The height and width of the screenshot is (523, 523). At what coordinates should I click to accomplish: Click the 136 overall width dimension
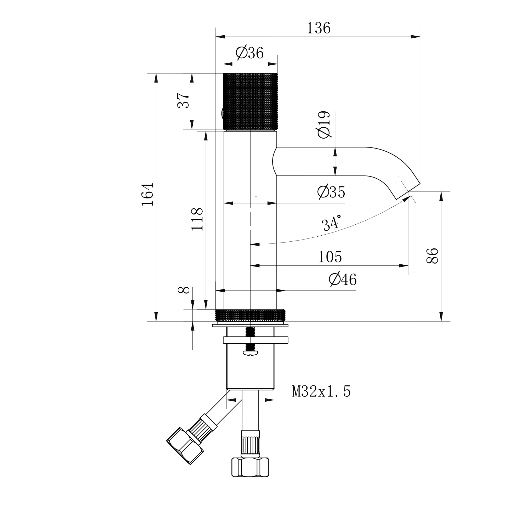pos(318,28)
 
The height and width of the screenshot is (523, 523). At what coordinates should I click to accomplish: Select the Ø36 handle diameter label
pos(249,53)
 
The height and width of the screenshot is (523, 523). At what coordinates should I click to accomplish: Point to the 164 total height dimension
pos(147,194)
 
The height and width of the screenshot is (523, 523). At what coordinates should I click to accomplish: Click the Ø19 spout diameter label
pos(324,125)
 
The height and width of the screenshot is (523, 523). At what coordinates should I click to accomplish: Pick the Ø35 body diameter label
pos(331,192)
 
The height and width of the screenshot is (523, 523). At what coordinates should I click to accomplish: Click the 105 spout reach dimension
pos(330,257)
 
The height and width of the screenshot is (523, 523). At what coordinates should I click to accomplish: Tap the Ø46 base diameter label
pos(343,280)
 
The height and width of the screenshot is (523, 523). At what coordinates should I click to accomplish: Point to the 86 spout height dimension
pos(432,256)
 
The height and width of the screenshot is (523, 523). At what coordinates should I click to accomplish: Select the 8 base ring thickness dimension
pos(184,290)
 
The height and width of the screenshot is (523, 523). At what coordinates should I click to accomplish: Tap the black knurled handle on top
pos(250,101)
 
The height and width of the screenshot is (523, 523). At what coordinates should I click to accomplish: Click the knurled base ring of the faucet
pos(250,315)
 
